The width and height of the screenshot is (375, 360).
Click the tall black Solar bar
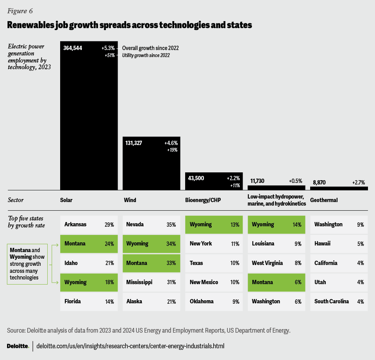coord(89,117)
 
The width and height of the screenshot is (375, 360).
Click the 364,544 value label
coord(73,48)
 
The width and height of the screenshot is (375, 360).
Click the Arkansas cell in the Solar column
coord(89,224)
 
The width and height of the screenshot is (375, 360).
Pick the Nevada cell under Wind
coord(151,224)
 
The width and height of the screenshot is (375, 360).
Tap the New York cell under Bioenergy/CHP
coord(214,244)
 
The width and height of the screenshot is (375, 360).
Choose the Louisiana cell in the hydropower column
coord(276,244)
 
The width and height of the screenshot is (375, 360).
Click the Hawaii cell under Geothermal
coord(339,244)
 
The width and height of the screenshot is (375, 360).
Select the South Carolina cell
coord(339,301)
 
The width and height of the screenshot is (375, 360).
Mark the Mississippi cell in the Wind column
coord(151,282)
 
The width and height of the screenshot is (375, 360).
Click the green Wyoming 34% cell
coord(151,244)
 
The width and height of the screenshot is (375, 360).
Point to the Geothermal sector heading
coord(324,200)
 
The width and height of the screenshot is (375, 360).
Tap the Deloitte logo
coord(18,346)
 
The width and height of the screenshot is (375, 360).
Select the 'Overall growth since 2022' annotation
coord(150,48)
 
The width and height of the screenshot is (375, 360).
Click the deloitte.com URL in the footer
coord(130,346)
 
